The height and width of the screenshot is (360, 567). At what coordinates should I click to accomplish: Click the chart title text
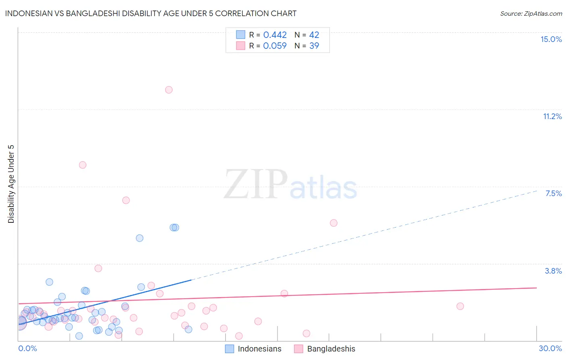coord(150,13)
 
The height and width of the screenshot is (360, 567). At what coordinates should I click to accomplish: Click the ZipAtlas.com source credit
coord(531,14)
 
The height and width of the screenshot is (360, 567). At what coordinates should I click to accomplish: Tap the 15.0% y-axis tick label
coord(551,39)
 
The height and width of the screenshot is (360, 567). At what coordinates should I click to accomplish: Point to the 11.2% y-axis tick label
coord(552,116)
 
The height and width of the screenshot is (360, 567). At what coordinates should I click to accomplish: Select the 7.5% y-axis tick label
coord(553,193)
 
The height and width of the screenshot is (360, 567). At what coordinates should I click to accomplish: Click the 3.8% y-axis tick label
coord(553,271)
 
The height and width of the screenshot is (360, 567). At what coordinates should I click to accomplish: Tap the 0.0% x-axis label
coord(27,348)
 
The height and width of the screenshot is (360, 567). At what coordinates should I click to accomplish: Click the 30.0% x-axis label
coord(550,348)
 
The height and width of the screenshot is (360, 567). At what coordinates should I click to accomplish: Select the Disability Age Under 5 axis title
coord(11,184)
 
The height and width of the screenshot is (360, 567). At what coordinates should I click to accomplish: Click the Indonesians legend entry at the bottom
coord(259,349)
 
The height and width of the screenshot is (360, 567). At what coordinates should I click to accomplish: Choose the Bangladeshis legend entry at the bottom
coord(331,349)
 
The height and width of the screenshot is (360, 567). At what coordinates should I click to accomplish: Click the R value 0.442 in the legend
coord(275,35)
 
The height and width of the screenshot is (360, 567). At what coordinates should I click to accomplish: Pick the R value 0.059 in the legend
coord(275,46)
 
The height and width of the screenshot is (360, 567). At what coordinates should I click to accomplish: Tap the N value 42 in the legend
coord(314,35)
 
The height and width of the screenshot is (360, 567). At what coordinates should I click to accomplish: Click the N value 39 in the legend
coord(314,46)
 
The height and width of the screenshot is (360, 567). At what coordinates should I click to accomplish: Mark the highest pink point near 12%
coord(169,90)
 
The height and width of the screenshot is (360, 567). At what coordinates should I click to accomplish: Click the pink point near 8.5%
coord(83,165)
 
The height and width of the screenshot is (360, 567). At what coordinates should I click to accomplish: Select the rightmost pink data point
coord(460,306)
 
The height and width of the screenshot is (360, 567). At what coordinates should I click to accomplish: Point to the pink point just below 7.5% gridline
coord(126,200)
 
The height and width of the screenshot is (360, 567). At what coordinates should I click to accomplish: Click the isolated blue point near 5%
coord(140,238)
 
